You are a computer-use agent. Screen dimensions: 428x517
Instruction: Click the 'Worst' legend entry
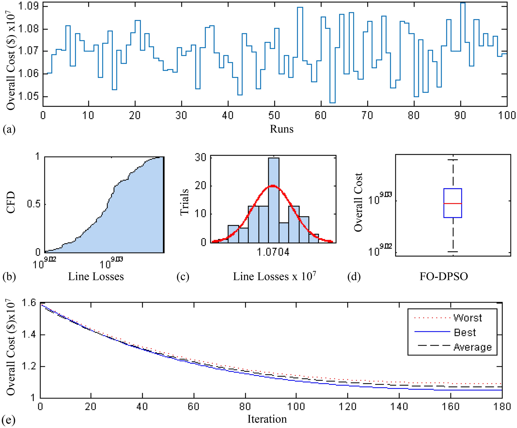pyautogui.click(x=467, y=318)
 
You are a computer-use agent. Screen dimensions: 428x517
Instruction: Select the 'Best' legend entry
pyautogui.click(x=465, y=332)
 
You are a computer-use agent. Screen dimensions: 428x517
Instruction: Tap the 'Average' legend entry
pyautogui.click(x=472, y=347)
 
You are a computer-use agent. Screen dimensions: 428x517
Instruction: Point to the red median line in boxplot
pyautogui.click(x=453, y=203)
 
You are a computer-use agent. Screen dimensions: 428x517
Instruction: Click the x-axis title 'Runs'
pyautogui.click(x=281, y=129)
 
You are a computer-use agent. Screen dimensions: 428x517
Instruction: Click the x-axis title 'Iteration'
pyautogui.click(x=267, y=419)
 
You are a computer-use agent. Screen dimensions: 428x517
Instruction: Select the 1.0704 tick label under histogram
pyautogui.click(x=273, y=252)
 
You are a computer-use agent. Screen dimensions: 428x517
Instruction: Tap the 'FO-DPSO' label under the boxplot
pyautogui.click(x=443, y=276)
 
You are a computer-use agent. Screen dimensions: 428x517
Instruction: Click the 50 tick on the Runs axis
pyautogui.click(x=274, y=115)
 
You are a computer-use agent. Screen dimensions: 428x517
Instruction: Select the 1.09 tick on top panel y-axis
pyautogui.click(x=29, y=6)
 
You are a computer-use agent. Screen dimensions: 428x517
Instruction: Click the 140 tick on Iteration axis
pyautogui.click(x=399, y=406)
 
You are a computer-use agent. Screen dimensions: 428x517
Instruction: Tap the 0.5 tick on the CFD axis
pyautogui.click(x=34, y=204)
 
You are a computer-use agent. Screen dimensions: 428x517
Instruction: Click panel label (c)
pyautogui.click(x=183, y=276)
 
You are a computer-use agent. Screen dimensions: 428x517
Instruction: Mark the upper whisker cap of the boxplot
pyautogui.click(x=453, y=160)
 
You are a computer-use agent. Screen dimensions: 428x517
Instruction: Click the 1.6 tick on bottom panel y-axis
pyautogui.click(x=29, y=303)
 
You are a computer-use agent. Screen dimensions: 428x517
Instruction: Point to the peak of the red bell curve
pyautogui.click(x=273, y=185)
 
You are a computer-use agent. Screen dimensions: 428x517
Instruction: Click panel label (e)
pyautogui.click(x=8, y=420)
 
